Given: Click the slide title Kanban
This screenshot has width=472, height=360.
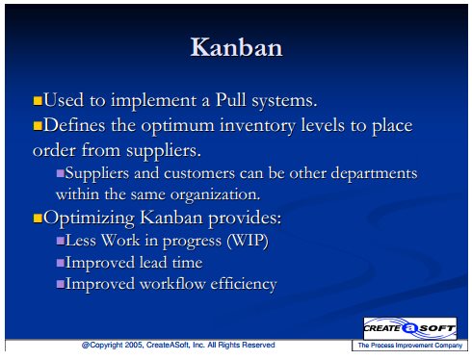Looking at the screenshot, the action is tap(236, 47).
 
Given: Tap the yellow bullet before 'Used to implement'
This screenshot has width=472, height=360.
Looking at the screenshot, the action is tap(38, 101).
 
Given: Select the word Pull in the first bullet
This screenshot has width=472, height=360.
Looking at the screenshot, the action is tap(230, 99).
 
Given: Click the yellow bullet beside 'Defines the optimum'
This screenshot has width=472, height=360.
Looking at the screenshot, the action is tap(38, 126).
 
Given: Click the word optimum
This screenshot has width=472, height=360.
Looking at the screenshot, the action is tap(177, 126).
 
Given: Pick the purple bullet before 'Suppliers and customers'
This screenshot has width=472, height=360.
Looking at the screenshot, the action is tap(61, 173).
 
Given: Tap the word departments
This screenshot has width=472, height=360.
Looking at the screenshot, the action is tap(374, 173).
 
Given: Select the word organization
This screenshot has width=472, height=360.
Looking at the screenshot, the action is tap(215, 194).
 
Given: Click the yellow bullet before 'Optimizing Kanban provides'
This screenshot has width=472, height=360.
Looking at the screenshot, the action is tap(38, 219).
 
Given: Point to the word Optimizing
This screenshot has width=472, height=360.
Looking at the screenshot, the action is tap(89, 219).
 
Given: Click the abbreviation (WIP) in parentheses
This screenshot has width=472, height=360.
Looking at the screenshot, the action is tap(248, 241).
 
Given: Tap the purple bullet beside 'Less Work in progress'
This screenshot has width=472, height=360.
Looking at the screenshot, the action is tap(61, 241).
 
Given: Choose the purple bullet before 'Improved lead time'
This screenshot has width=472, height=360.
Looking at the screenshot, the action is tap(61, 263).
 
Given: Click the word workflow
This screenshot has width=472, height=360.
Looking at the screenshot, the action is tap(172, 284).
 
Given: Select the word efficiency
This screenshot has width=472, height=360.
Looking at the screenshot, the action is tap(244, 285).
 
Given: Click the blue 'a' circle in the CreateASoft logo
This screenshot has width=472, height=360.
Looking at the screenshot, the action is tap(409, 328).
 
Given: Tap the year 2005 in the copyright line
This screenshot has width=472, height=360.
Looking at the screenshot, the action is tap(134, 345).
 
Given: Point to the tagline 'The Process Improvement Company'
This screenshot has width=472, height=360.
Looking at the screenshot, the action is tap(410, 346).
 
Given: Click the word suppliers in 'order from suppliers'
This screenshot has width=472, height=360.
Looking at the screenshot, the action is tap(164, 151).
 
